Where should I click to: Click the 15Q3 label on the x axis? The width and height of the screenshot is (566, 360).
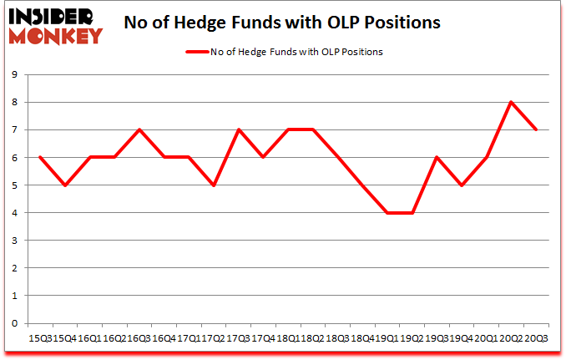(x=40, y=337)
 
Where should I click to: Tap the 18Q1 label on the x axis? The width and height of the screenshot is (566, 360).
(x=287, y=337)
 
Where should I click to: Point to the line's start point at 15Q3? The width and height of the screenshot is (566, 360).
(x=40, y=157)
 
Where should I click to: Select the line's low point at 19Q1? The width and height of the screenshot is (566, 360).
(x=387, y=213)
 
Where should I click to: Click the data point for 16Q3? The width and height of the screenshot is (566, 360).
(x=139, y=129)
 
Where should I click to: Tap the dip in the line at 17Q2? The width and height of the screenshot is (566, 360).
(x=213, y=185)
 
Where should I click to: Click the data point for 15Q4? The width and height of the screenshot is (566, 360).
(x=64, y=185)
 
